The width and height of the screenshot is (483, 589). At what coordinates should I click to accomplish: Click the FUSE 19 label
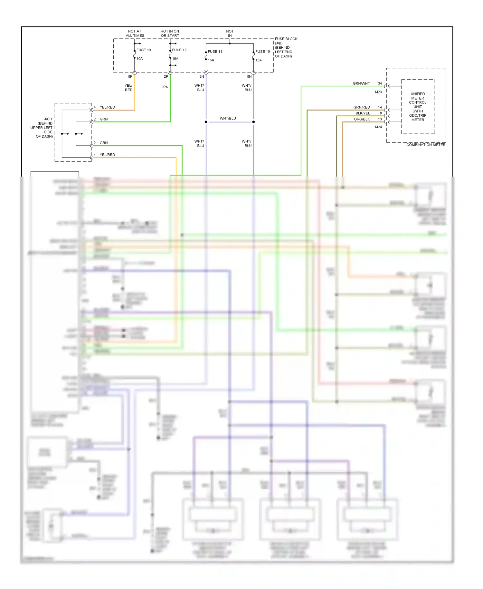pos(143,50)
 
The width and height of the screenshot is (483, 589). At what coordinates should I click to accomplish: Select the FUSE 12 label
pos(179,50)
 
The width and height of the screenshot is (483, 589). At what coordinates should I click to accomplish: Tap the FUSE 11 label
pos(215,52)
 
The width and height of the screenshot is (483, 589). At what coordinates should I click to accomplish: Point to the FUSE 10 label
pos(262,52)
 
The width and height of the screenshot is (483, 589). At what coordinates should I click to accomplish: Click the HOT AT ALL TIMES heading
pos(135,34)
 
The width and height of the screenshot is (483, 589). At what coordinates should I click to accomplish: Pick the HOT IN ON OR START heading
pos(170,34)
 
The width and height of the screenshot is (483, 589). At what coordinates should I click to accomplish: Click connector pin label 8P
pos(130,77)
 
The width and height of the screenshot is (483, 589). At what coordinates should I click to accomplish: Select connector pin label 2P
pos(166,77)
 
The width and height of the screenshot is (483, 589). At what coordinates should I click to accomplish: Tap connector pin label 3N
pos(202,77)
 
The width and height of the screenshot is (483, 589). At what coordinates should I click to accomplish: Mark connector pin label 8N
pos(249,77)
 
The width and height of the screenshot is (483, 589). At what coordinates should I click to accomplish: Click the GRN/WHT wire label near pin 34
pos(361,83)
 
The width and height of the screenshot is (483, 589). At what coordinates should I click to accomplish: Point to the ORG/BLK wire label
pos(362,119)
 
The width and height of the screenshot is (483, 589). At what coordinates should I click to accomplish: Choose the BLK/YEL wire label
pos(363,113)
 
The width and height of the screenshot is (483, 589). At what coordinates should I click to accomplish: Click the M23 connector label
pos(378,92)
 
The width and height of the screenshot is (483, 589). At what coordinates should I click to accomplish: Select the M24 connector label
pos(378,127)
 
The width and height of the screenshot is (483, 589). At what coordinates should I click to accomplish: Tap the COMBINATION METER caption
pos(426,145)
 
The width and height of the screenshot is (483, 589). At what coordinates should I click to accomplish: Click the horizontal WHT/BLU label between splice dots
pos(228,119)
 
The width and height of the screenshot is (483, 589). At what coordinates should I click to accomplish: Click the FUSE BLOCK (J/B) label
pos(286,41)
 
